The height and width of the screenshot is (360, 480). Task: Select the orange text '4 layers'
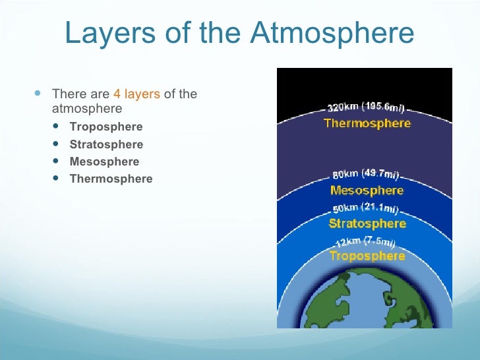[x=136, y=94]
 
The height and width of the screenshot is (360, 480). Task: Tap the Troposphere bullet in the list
[x=105, y=127]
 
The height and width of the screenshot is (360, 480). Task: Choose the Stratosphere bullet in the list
[x=106, y=144]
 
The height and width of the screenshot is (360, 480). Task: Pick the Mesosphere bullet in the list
[x=104, y=162]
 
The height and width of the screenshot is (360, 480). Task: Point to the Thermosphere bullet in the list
[x=111, y=179]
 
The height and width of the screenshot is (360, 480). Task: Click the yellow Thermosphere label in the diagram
[x=367, y=123]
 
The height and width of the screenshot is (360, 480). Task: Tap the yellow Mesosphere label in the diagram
[x=367, y=191]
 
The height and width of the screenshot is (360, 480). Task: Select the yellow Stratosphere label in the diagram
[x=367, y=224]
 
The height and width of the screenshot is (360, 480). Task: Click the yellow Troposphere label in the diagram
[x=367, y=256]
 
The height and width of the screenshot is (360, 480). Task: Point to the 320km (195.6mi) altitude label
[x=367, y=107]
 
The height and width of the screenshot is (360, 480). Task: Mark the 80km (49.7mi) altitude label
[x=366, y=175]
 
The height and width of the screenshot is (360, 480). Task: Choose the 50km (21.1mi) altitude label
[x=367, y=209]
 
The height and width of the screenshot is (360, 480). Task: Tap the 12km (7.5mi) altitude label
[x=367, y=241]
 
